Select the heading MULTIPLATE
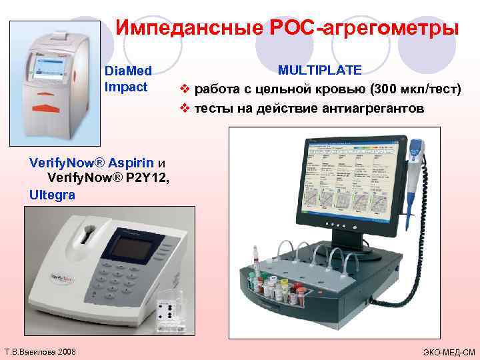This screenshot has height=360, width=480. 320,70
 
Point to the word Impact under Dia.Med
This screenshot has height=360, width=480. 126,87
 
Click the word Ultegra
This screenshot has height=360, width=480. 52,195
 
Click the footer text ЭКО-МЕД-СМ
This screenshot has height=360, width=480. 449,351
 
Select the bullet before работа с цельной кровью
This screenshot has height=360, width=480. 185,89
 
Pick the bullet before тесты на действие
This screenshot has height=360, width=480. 185,108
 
